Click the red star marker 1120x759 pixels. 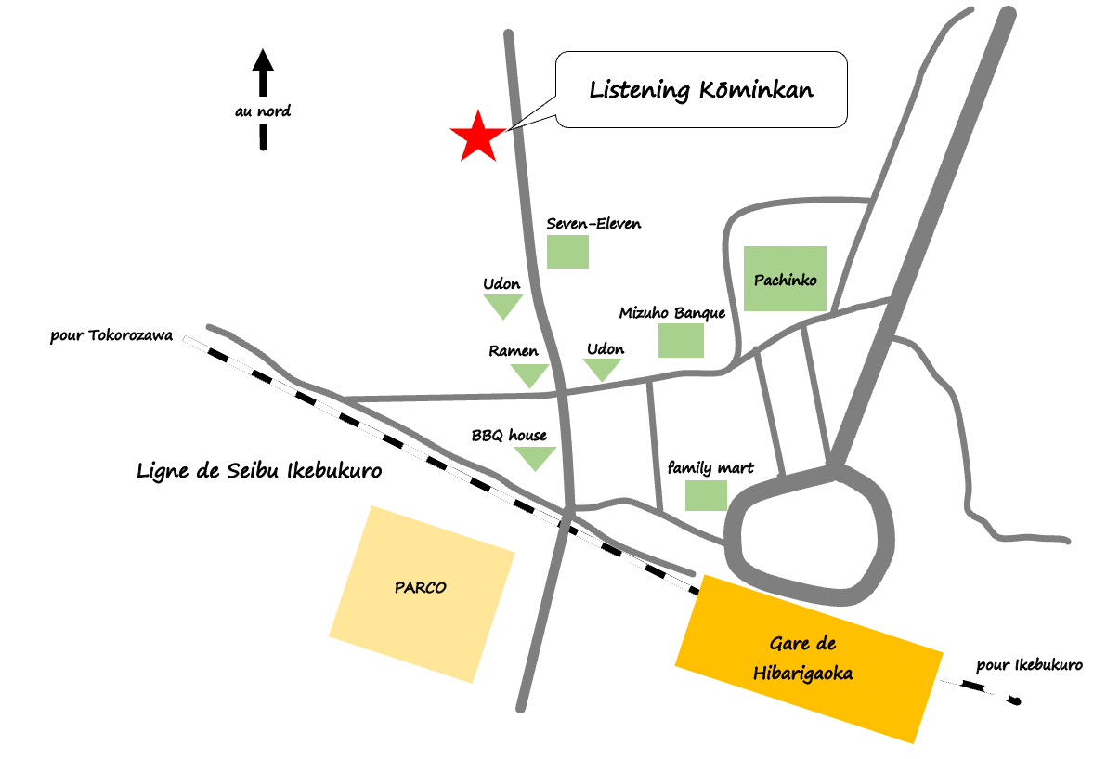tap(478, 137)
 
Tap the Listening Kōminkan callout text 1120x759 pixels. tap(701, 90)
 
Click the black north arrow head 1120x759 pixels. tap(263, 59)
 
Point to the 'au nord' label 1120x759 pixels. tap(263, 111)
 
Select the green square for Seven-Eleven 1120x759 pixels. tap(567, 252)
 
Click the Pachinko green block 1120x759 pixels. tap(785, 279)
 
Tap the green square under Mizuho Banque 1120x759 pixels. tap(681, 340)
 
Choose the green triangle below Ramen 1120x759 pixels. tap(530, 374)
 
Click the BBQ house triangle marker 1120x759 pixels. tap(535, 458)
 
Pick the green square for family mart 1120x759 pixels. tap(706, 495)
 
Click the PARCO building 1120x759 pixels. tap(422, 594)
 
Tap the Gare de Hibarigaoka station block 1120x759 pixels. tap(809, 659)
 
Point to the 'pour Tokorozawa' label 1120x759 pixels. tap(111, 335)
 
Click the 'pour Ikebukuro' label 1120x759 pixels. tap(1030, 665)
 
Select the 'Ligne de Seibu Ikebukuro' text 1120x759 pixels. tap(259, 471)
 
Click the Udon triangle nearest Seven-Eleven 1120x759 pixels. tap(503, 306)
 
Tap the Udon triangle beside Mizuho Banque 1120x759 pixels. tap(602, 369)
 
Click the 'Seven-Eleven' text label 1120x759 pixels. tap(593, 224)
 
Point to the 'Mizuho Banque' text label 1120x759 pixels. tap(672, 313)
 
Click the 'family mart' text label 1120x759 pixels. tap(710, 468)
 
